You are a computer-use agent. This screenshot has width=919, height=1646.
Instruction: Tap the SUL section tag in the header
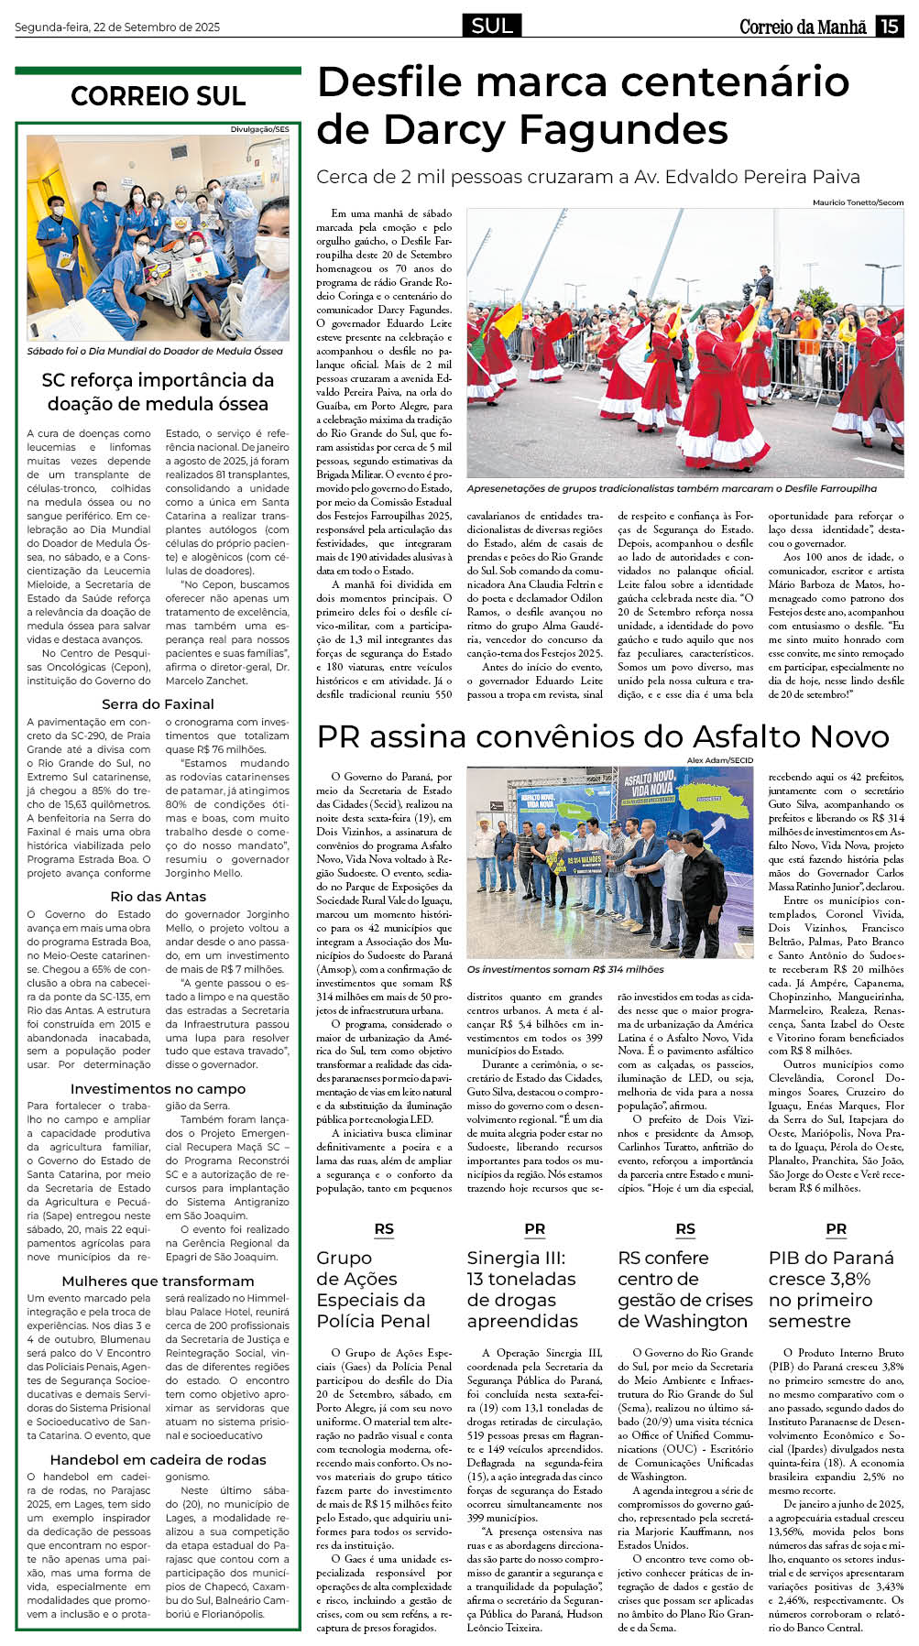(492, 26)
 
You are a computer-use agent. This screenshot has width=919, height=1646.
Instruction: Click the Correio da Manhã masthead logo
(803, 27)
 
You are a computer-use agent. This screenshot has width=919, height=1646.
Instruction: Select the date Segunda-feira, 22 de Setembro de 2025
(117, 27)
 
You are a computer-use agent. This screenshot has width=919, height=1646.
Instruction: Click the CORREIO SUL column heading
(158, 96)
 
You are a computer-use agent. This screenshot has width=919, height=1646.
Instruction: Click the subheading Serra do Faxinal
(158, 703)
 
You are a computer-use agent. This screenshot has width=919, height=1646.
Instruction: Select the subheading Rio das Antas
(158, 896)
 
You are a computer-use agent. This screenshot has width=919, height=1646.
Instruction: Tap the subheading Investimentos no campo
(158, 1088)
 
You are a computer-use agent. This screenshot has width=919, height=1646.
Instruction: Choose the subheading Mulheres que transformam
(158, 1281)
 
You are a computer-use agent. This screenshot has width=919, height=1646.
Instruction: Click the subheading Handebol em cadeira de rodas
(158, 1459)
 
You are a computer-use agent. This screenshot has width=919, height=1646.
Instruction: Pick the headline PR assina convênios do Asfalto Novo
(603, 736)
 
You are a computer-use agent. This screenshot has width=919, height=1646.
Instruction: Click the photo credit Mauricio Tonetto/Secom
(858, 202)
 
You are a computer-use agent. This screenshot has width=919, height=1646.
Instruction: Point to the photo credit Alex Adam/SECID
(720, 760)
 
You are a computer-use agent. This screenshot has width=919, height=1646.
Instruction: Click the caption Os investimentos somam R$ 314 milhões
(565, 968)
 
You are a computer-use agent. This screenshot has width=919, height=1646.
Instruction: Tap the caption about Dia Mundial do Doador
(155, 351)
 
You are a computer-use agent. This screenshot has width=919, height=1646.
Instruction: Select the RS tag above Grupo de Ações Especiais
(384, 1229)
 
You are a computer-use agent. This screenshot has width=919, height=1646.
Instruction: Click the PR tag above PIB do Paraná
(836, 1229)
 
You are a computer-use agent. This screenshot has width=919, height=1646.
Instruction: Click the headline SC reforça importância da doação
(158, 392)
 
